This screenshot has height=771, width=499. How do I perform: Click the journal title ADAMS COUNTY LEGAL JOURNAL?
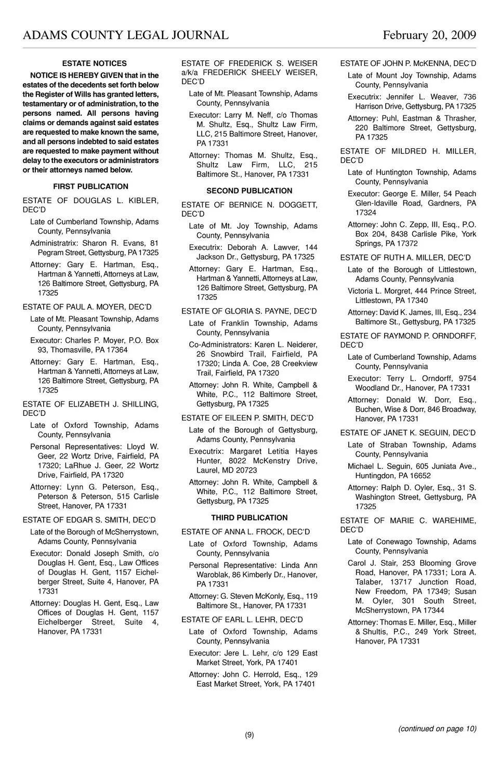(125, 35)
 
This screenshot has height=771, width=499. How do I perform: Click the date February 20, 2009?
(429, 35)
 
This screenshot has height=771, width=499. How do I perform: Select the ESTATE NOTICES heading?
(94, 63)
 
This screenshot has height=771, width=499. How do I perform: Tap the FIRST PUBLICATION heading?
(90, 187)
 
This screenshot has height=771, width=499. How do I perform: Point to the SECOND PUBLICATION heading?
(249, 191)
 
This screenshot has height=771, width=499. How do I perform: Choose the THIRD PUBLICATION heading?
(249, 518)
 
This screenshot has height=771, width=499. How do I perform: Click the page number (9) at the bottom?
(249, 735)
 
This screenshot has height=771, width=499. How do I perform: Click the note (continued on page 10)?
(437, 729)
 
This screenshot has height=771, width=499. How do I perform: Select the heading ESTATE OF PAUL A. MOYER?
(87, 307)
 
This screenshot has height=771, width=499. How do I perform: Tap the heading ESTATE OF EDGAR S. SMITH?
(89, 520)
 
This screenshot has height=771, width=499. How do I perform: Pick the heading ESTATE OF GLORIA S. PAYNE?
(248, 311)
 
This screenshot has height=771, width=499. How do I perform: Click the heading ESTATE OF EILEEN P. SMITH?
(247, 418)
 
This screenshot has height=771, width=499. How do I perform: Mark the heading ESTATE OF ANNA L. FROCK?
(245, 532)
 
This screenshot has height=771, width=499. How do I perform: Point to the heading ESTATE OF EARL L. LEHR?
(242, 620)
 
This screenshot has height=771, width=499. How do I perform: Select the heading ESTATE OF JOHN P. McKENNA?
(408, 63)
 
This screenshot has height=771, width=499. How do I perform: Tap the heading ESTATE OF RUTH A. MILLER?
(405, 258)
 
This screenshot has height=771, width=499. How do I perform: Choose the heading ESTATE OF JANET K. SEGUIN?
(408, 433)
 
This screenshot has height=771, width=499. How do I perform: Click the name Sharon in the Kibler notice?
(95, 243)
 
